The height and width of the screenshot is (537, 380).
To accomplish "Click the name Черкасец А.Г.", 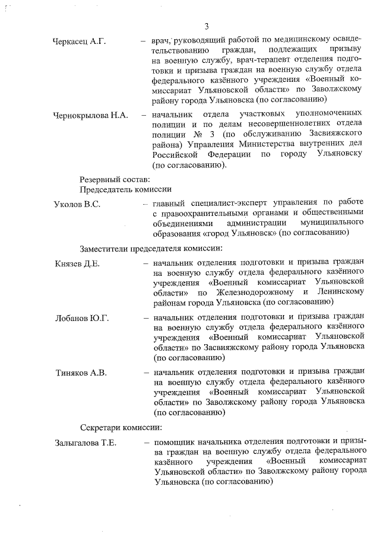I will [78, 42].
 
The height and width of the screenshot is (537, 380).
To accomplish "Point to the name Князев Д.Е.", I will [77, 263].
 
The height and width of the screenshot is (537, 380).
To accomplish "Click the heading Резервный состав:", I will [115, 177].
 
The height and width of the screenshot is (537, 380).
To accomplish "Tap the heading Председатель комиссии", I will [126, 189].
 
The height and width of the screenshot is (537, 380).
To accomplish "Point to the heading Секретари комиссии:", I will [121, 427].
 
